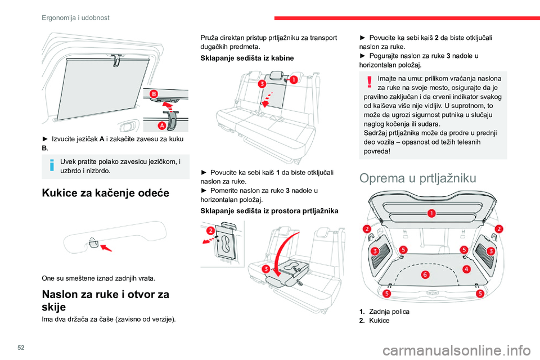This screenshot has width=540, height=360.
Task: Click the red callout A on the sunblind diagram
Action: coord(161,125)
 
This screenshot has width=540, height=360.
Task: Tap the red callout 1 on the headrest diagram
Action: coord(293,80)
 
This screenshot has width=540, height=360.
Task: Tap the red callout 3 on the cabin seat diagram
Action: coord(262,84)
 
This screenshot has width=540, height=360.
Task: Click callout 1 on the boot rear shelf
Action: coord(431,213)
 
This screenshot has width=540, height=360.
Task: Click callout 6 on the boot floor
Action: coord(425,274)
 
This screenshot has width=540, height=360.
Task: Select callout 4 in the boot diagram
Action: coord(466,269)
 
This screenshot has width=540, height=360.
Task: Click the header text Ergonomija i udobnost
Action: coord(75,17)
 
